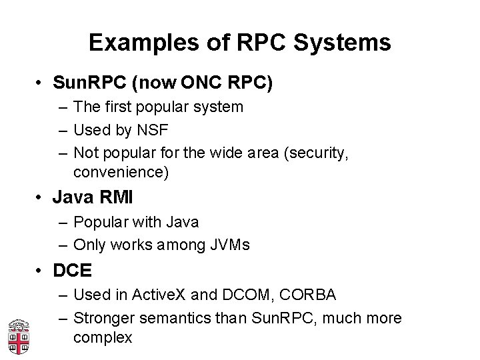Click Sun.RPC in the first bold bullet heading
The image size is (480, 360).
click(x=89, y=84)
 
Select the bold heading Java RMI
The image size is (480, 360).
click(x=93, y=199)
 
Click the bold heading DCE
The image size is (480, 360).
click(x=72, y=271)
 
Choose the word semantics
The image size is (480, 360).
click(x=172, y=317)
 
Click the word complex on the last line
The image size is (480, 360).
click(x=103, y=337)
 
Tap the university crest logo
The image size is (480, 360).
click(x=18, y=335)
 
